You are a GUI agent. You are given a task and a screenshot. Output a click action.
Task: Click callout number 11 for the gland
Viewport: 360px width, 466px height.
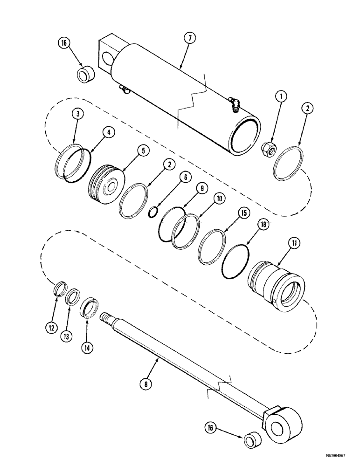pos(296,243)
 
